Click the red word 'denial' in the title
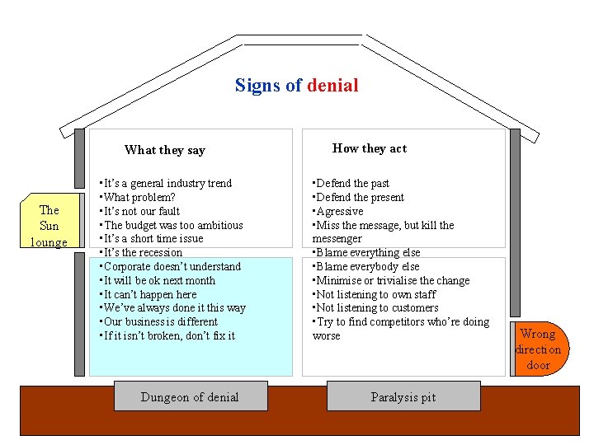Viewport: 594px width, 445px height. pos(332,86)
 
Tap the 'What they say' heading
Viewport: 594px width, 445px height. pos(164,150)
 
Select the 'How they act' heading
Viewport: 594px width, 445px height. pos(369,148)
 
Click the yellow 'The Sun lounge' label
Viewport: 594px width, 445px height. pos(49,226)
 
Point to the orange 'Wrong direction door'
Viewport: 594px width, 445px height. pos(538,349)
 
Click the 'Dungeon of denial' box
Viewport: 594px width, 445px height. pos(189,397)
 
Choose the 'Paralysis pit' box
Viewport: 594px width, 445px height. pos(403,397)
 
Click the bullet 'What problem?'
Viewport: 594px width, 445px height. pos(139,197)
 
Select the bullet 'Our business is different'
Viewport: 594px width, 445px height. pos(160,321)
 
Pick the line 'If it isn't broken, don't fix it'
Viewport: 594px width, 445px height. pos(168,335)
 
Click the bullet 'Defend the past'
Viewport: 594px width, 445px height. pos(352,183)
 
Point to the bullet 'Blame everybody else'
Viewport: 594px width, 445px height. pos(367,266)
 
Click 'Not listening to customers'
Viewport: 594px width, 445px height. pos(377,307)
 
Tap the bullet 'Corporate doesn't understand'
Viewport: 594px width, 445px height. pos(172,266)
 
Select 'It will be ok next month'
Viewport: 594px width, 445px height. pos(158,280)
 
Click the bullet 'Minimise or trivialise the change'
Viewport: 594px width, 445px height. pos(393,280)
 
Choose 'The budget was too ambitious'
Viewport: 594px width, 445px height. pos(173,225)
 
